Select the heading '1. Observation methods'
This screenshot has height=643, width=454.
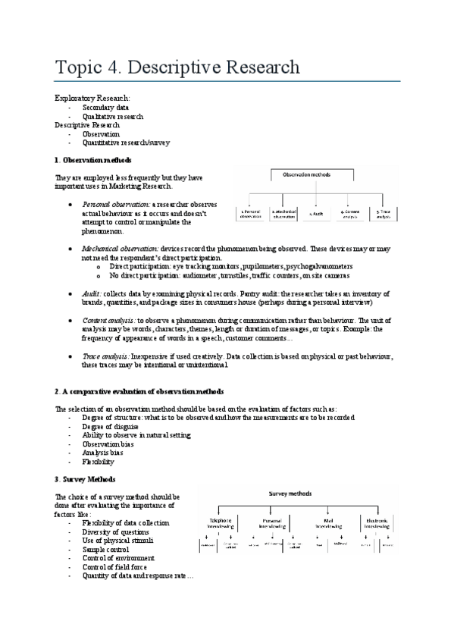tap(93, 160)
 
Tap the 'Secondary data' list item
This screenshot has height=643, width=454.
tap(107, 108)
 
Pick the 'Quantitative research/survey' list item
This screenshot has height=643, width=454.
tap(126, 142)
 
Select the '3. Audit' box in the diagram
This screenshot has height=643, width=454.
tap(316, 215)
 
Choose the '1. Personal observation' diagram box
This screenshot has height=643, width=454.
tap(250, 215)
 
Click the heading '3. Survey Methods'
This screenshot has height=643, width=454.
tap(85, 479)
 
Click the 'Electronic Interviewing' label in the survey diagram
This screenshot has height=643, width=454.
tap(380, 523)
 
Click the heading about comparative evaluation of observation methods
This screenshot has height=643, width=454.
tap(139, 391)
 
